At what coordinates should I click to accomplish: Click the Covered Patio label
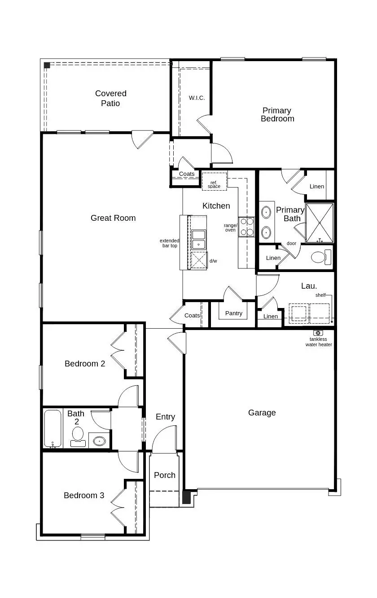(110, 98)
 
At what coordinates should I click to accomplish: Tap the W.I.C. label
(197, 98)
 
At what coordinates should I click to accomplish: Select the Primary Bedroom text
(277, 115)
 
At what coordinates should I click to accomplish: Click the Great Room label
(113, 218)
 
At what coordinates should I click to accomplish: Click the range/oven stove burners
(246, 227)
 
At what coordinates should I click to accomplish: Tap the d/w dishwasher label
(213, 261)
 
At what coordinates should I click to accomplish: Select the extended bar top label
(169, 243)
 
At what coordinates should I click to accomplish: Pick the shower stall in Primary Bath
(320, 223)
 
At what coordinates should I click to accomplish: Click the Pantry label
(234, 313)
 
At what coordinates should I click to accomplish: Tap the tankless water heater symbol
(318, 332)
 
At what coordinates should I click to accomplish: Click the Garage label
(262, 413)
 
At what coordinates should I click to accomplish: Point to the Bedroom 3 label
(84, 495)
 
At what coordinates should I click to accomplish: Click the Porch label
(165, 475)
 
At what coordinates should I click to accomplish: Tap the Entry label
(165, 417)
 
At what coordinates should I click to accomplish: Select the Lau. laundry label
(309, 286)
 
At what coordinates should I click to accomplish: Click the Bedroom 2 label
(85, 364)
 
